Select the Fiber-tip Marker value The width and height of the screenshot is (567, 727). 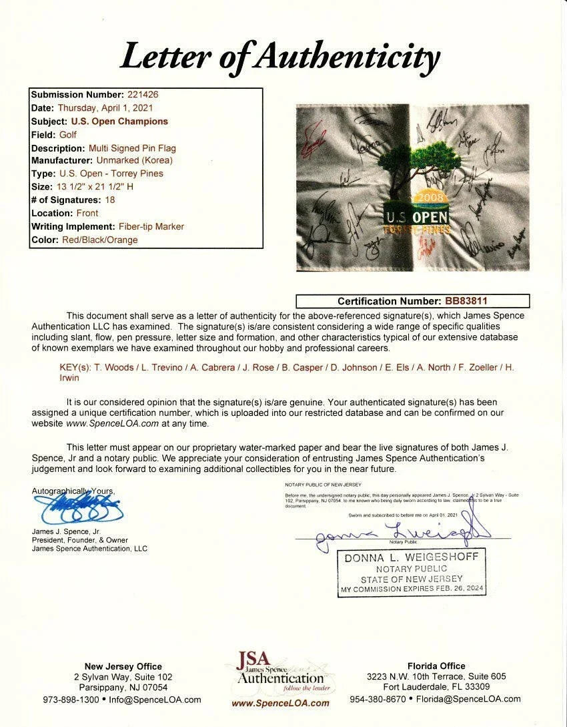pyautogui.click(x=143, y=226)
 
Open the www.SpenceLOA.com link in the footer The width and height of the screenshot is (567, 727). pyautogui.click(x=280, y=703)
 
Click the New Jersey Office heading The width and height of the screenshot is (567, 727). pyautogui.click(x=123, y=666)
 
